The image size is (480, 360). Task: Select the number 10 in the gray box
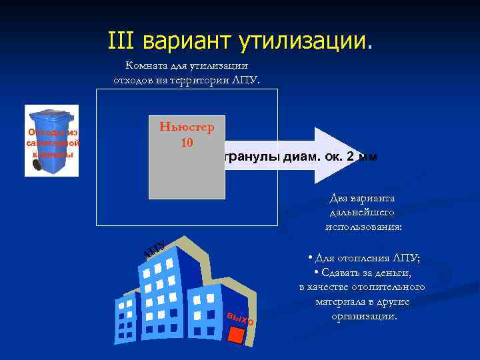coord(187,143)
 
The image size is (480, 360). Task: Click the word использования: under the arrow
coord(363,226)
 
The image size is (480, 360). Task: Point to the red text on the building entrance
coord(240,318)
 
